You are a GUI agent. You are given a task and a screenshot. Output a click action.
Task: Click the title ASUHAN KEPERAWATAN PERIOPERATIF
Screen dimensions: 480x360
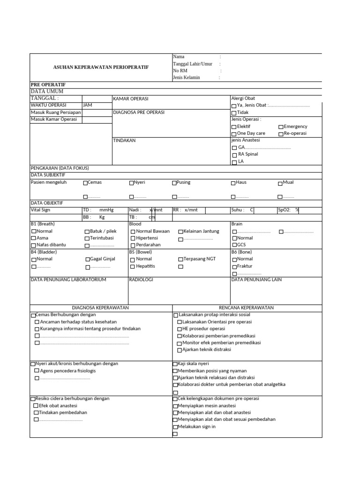(101, 67)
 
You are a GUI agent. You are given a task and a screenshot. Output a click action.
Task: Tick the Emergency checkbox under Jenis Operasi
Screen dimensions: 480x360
(281, 127)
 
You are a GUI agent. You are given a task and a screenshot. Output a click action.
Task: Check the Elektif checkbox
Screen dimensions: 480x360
(234, 127)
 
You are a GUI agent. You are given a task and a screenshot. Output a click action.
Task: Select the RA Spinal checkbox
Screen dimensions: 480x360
(234, 155)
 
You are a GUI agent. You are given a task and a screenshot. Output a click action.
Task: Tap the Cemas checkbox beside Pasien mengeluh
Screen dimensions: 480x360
(85, 183)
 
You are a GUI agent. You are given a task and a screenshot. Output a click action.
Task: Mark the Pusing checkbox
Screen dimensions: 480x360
(174, 183)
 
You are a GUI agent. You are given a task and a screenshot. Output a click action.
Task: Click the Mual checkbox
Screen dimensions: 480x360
(280, 183)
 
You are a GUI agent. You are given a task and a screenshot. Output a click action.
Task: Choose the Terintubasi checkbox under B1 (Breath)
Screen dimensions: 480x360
(87, 239)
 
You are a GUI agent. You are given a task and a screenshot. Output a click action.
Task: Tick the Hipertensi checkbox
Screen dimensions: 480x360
(133, 239)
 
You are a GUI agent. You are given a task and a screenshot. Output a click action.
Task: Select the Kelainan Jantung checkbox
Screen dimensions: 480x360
(180, 232)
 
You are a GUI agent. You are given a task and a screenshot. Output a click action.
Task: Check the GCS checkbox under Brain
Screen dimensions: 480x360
(234, 245)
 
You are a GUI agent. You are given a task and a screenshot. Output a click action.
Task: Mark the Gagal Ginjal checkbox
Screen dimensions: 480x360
(87, 260)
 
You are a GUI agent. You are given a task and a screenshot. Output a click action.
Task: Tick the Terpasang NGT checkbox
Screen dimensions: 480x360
(180, 260)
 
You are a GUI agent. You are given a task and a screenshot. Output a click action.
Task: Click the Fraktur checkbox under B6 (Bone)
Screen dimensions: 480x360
(234, 267)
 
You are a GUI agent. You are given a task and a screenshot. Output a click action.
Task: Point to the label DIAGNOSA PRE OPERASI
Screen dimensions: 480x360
(139, 112)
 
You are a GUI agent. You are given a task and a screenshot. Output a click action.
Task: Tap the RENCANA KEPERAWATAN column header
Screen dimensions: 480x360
(247, 307)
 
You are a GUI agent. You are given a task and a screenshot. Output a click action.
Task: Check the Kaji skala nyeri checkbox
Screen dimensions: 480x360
(175, 364)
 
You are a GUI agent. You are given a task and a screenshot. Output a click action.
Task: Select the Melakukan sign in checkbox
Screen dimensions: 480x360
(175, 427)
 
